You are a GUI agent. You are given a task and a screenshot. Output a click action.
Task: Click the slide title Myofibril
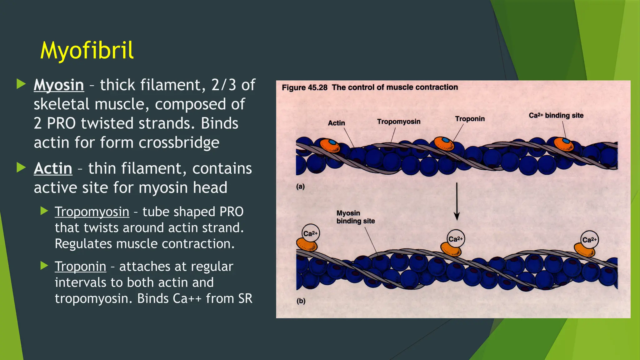coord(87,50)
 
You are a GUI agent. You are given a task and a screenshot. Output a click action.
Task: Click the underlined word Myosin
coord(59,85)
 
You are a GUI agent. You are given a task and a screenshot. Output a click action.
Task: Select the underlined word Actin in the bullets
coord(53,168)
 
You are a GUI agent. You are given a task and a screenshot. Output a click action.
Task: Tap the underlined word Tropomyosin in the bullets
coord(92,212)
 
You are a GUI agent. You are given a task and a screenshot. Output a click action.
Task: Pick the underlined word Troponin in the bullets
coord(80,267)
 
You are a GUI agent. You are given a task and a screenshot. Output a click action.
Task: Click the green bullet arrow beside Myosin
coord(21,84)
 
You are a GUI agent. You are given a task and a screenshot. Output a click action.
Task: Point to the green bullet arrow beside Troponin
coord(44,266)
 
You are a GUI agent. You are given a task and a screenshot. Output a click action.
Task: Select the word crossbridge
coord(179,142)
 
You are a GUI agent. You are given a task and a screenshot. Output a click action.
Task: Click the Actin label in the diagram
coord(336,123)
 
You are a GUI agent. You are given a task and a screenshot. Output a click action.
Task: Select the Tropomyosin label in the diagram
coord(398,122)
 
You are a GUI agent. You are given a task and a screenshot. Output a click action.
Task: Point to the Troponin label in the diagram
coord(470,119)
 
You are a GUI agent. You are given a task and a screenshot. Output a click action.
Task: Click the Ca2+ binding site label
coord(556,115)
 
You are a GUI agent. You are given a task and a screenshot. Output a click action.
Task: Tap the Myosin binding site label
coord(355,217)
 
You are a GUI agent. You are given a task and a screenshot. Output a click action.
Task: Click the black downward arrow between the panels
coord(457,202)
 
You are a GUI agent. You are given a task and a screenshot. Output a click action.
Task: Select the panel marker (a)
coord(300,187)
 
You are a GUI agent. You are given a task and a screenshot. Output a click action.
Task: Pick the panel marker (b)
coord(301,301)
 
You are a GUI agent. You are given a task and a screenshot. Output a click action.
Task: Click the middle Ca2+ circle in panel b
coord(456,239)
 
